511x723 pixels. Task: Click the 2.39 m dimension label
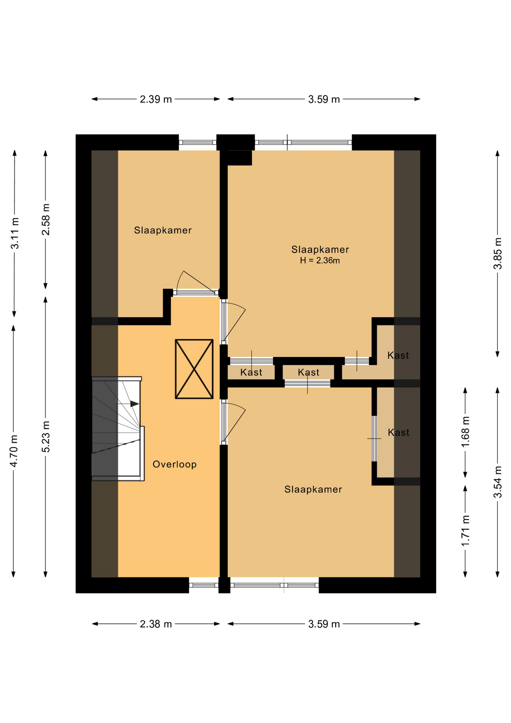(156, 99)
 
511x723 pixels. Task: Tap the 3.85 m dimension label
(498, 253)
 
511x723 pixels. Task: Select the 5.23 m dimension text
(46, 437)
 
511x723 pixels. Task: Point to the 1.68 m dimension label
(465, 432)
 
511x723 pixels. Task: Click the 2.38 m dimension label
(156, 624)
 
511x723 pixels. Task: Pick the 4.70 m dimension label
(14, 451)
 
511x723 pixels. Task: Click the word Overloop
(175, 464)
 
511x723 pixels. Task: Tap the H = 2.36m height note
(320, 261)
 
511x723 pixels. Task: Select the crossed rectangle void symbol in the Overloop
(194, 369)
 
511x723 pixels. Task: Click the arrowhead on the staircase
(135, 404)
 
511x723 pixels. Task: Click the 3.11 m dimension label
(15, 233)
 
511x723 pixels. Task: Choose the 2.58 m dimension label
(46, 220)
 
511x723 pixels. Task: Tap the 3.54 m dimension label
(498, 482)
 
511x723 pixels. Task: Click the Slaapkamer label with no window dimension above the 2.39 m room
(163, 230)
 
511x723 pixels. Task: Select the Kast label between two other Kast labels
(309, 372)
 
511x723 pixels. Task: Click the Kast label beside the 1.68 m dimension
(398, 432)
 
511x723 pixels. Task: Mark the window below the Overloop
(204, 585)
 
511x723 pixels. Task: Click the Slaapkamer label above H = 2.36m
(320, 249)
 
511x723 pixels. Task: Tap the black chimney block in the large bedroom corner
(240, 158)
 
